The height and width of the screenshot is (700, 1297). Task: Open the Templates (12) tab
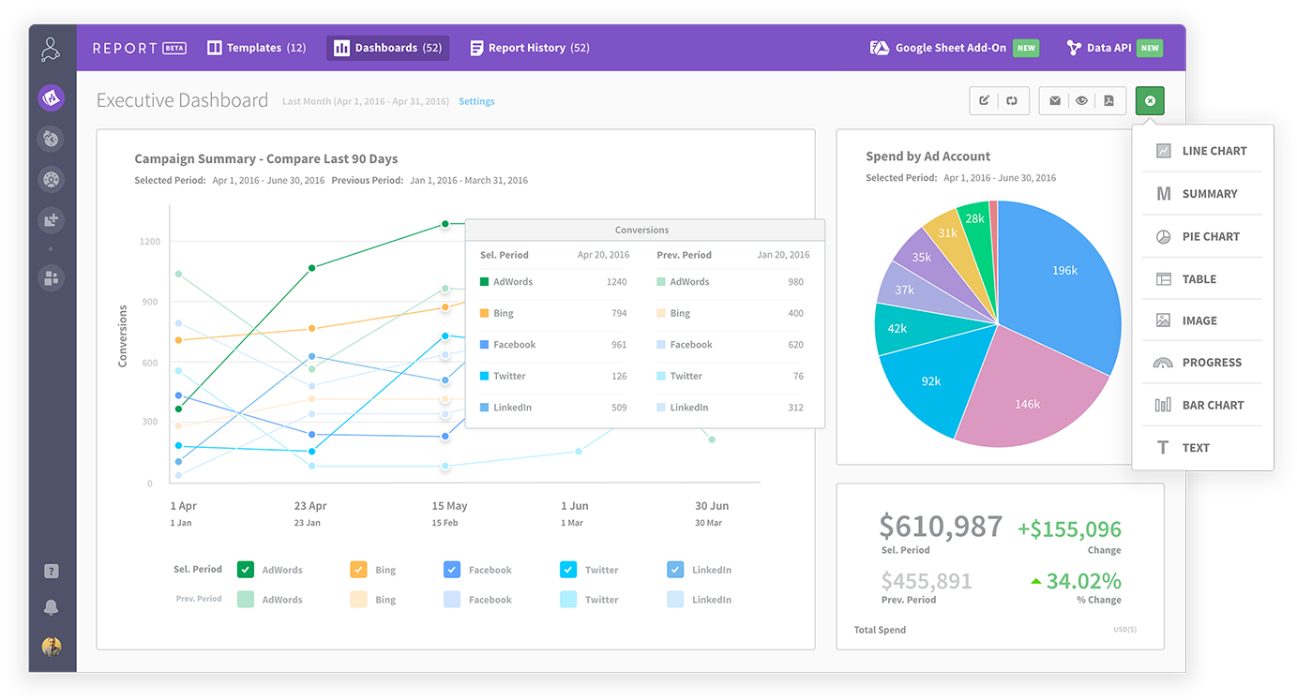point(256,48)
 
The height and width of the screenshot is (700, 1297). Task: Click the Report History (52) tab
point(529,48)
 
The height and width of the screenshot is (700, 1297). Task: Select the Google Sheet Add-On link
point(950,48)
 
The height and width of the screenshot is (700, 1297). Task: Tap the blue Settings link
point(476,101)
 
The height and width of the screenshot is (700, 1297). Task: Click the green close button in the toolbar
point(1150,101)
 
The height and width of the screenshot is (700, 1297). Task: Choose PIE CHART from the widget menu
point(1210,236)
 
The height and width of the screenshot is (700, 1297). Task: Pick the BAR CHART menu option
point(1212,405)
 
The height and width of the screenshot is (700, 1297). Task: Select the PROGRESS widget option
point(1211,363)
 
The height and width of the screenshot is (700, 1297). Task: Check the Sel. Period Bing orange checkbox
point(358,570)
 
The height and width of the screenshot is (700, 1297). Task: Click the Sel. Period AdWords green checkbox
point(246,570)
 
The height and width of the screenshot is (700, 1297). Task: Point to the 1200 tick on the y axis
point(150,242)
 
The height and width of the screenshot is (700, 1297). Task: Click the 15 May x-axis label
point(449,506)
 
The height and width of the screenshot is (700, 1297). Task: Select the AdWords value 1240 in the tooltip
point(616,282)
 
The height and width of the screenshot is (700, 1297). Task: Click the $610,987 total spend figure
point(941,527)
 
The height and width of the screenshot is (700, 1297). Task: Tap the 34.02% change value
point(1083,581)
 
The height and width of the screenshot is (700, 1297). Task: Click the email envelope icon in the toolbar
point(1055,101)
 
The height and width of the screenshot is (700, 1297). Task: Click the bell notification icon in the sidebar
point(52,608)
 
